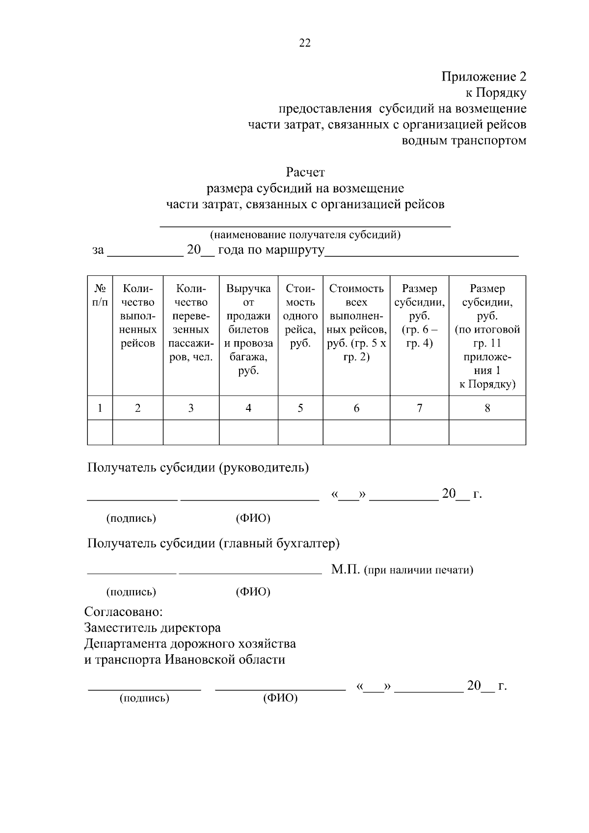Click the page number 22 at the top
click(304, 43)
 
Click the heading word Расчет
click(305, 173)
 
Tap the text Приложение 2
click(483, 77)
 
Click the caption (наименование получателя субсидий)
click(305, 235)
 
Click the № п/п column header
click(100, 296)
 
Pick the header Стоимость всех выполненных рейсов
click(356, 322)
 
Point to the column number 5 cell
click(300, 408)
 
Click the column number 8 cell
click(487, 408)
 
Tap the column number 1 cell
click(100, 408)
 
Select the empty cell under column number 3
click(191, 432)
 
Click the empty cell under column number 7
click(419, 432)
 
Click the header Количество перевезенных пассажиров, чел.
click(191, 322)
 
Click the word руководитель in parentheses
click(266, 467)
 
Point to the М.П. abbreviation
click(346, 570)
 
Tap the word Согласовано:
click(123, 612)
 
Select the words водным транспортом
click(464, 141)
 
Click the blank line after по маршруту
click(422, 253)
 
